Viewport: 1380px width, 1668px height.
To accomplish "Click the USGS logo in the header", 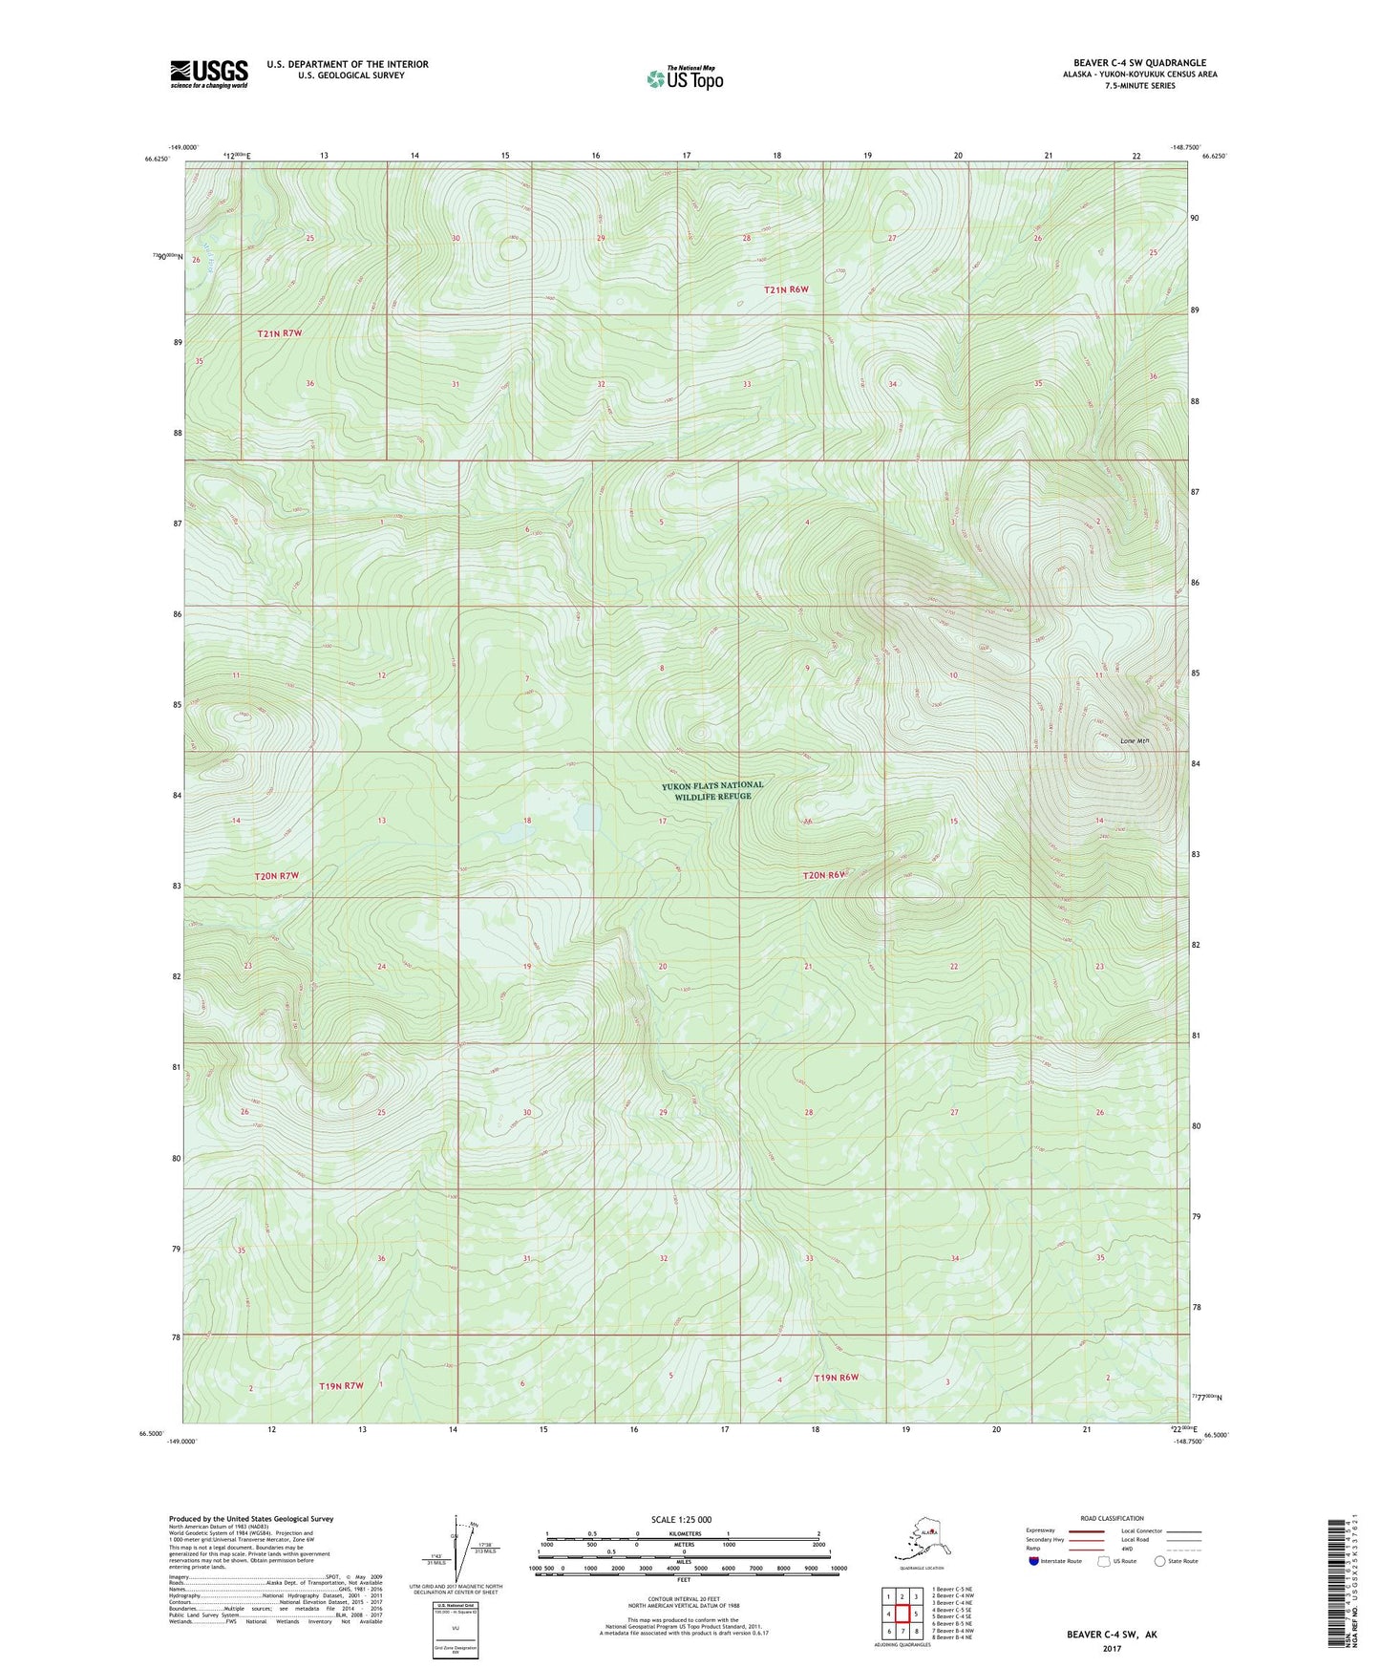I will [209, 74].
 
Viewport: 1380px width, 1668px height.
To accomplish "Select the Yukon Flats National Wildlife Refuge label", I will [712, 790].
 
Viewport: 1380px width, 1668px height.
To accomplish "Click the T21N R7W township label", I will [280, 333].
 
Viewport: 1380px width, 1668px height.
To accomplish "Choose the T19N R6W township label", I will [837, 1377].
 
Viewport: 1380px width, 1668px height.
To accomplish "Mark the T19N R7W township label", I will [341, 1385].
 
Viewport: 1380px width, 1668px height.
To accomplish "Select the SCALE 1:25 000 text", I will [682, 1519].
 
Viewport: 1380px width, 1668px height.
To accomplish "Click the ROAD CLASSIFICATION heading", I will [1111, 1518].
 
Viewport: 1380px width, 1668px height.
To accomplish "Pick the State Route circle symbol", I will [1160, 1561].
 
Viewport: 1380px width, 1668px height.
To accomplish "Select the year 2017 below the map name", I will [1112, 1648].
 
